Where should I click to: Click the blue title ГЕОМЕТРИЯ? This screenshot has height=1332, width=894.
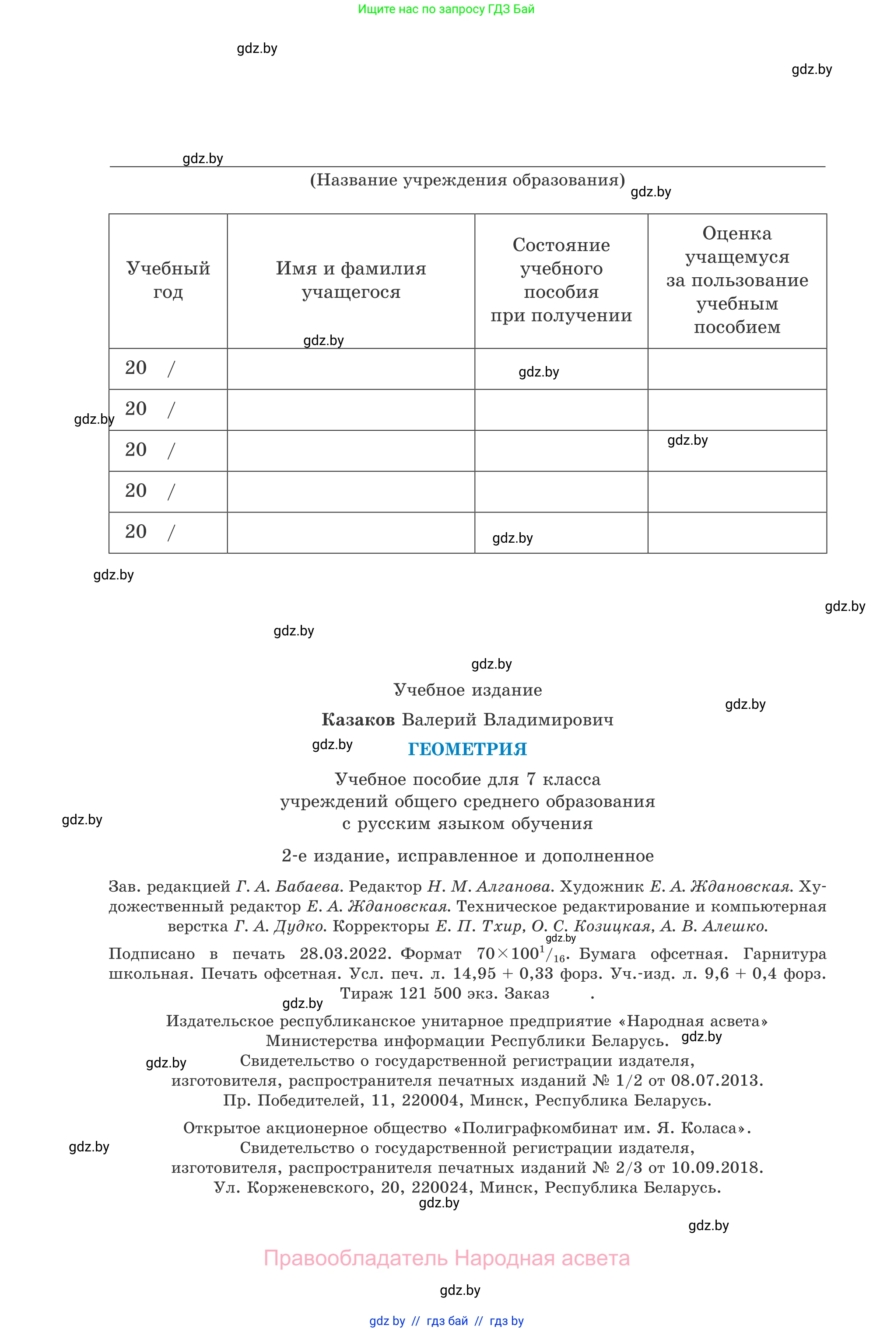467,749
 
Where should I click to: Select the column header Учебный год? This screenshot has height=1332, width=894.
168,280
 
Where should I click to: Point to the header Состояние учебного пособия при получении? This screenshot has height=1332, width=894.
561,280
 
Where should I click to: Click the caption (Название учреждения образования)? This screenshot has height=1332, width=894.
467,180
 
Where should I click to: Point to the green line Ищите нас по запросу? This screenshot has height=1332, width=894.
446,9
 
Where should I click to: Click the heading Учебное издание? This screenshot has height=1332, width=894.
467,690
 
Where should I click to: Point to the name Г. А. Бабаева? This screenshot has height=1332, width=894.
288,886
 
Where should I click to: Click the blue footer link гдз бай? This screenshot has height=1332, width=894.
447,1321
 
